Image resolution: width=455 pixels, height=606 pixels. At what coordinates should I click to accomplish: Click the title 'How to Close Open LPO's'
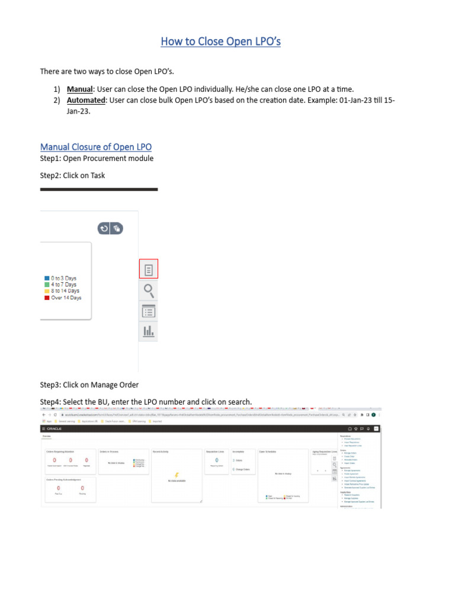(x=220, y=41)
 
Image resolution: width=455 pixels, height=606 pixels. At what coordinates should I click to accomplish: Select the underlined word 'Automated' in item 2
(x=86, y=101)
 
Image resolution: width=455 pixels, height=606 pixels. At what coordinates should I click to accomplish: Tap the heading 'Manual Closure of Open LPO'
(x=95, y=147)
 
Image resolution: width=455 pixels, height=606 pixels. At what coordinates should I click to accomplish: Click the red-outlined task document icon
(x=149, y=269)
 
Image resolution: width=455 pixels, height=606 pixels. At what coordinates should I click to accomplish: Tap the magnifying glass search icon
(x=149, y=290)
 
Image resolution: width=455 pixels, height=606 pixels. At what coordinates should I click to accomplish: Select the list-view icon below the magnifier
(x=149, y=311)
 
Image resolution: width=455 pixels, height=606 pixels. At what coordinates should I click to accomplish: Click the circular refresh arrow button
(x=104, y=228)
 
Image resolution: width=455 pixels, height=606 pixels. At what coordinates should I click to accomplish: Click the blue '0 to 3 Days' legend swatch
(x=46, y=278)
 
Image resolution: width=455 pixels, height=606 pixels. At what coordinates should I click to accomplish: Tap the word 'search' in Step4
(x=238, y=402)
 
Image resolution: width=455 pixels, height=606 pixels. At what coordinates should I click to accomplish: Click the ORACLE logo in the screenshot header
(x=55, y=428)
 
